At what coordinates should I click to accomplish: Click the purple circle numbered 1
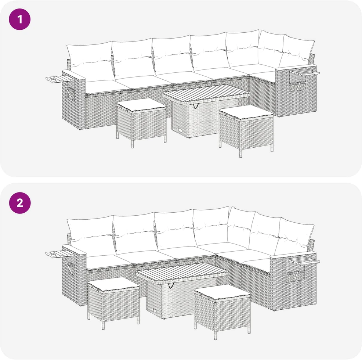(x=19, y=19)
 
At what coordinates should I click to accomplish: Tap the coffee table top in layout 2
(x=182, y=272)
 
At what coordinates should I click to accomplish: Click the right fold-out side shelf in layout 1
(x=304, y=73)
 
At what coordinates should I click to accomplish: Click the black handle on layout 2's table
(x=171, y=285)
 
